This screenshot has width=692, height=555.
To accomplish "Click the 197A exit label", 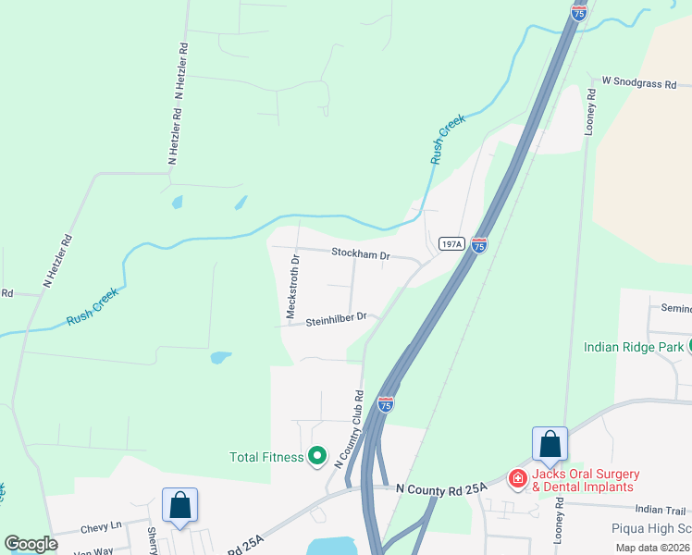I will coord(451,244).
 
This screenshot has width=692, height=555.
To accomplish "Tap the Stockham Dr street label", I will coord(362,253).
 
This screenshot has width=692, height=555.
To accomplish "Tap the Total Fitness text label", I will coord(266,457).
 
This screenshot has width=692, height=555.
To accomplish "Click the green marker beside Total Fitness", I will coord(317,455).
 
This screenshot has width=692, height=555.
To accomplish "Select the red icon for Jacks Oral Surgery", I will coord(517,478).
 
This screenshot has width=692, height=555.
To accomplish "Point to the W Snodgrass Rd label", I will coord(639,83).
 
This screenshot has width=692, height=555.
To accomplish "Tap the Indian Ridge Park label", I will coord(634,348).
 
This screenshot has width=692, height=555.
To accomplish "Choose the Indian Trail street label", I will coord(661,510).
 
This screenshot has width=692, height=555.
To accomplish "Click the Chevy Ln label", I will coord(102,526).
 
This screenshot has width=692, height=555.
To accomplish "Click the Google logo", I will coord(31,544).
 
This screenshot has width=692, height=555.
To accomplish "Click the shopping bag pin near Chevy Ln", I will coord(179,506).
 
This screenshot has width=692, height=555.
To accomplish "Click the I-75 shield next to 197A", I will coord(479,244).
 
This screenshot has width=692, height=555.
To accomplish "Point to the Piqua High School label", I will coord(652,529).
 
